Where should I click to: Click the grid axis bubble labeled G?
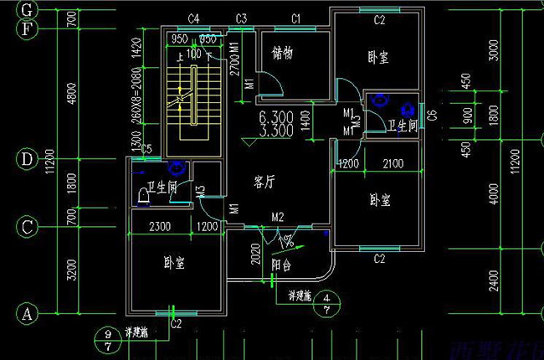28,10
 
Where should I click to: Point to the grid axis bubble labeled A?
28,313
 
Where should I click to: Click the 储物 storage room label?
283,53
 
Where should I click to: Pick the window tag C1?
295,18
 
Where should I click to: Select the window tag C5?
146,150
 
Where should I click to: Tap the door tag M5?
201,192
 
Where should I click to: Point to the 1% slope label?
286,242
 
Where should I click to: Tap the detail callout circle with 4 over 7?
326,303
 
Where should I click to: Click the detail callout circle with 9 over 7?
107,341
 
